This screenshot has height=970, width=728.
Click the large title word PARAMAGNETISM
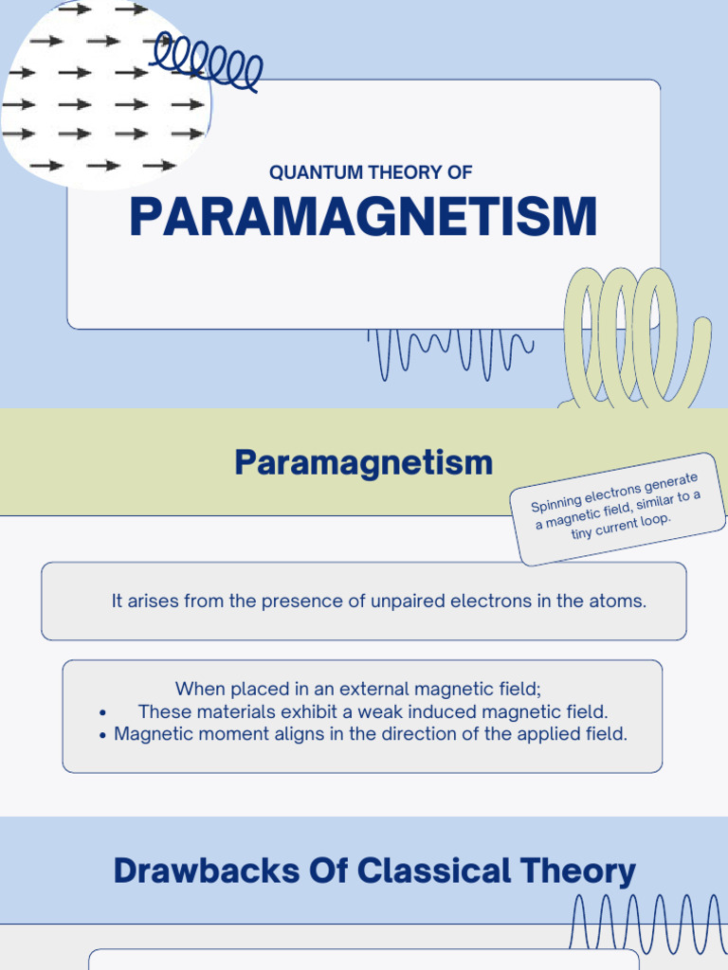(363, 217)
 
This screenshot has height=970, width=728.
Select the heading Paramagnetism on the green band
(364, 463)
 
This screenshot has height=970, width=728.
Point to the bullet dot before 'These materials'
(101, 712)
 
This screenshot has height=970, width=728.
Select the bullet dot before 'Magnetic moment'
(101, 735)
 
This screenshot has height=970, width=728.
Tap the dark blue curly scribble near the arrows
(210, 62)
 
